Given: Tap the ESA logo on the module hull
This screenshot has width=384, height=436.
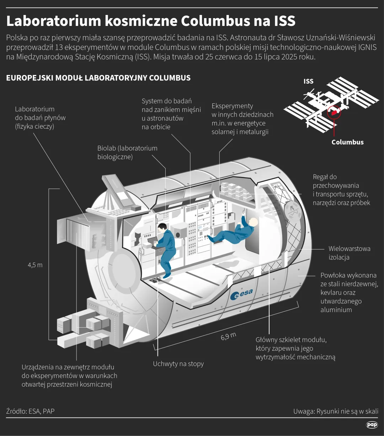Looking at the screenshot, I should [241, 294].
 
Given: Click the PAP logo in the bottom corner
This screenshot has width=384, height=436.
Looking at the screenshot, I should [372, 425].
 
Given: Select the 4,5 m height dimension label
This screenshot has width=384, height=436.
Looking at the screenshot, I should [35, 265].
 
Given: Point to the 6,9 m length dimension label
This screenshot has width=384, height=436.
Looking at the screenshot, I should [228, 336].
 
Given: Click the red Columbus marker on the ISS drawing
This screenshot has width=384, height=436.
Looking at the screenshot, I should [334, 113].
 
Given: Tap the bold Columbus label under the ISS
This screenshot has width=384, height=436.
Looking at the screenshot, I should [347, 142].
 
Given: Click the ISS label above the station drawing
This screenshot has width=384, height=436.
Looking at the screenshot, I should [308, 81].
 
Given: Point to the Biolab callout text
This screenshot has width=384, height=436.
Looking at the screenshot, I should [127, 152].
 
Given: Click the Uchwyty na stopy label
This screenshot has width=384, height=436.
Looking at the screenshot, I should [178, 364].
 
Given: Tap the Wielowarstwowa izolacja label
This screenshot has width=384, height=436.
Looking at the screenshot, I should [349, 253].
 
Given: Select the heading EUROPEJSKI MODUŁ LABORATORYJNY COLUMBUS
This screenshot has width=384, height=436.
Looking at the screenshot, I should [98, 78].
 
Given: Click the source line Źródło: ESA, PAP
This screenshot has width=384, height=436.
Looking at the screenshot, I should [30, 411].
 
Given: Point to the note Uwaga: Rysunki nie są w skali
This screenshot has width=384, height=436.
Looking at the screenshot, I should [336, 411].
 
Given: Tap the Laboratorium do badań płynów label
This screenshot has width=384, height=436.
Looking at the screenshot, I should [40, 118].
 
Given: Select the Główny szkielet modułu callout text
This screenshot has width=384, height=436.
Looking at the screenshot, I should [295, 348].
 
